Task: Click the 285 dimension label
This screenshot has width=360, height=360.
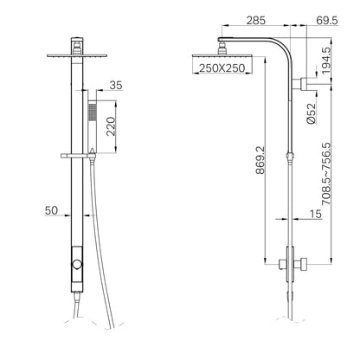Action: click(x=255, y=21)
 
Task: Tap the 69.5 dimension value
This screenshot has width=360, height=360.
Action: click(x=327, y=21)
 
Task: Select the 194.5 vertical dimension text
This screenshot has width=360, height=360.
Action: click(x=326, y=61)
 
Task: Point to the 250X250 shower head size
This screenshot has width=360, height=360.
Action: click(x=222, y=68)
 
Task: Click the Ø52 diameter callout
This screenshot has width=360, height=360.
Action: click(x=312, y=113)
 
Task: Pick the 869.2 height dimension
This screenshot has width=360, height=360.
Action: click(x=260, y=160)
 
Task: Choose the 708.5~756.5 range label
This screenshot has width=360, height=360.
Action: click(x=326, y=174)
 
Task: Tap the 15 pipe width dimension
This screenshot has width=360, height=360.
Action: click(x=316, y=214)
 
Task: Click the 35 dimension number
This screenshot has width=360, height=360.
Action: click(x=116, y=86)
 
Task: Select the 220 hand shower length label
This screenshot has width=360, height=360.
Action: click(x=111, y=126)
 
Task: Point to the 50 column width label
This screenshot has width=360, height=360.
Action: click(x=51, y=210)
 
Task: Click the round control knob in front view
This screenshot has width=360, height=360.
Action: click(x=77, y=264)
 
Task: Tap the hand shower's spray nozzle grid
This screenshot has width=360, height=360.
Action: click(x=92, y=112)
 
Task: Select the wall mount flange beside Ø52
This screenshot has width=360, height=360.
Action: click(x=305, y=84)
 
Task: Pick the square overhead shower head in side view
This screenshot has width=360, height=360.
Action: click(x=222, y=55)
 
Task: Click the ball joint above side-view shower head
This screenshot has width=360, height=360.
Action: click(x=222, y=48)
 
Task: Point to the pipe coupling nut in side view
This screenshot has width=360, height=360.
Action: click(x=290, y=157)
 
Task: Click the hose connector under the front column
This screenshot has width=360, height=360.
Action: click(x=76, y=297)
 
